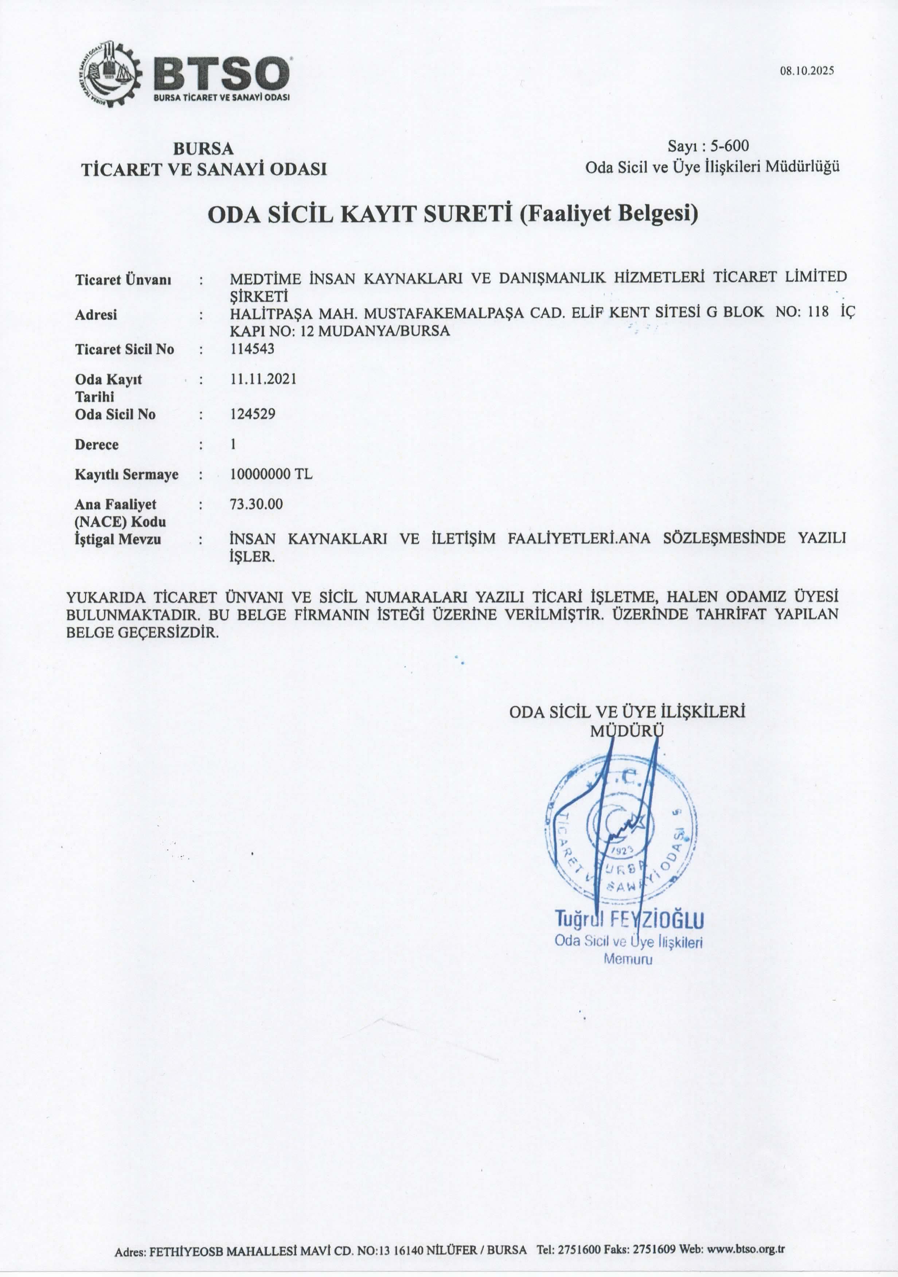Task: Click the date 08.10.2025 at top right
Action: pyautogui.click(x=807, y=71)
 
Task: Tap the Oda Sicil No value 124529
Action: pyautogui.click(x=253, y=414)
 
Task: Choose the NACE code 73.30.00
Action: pyautogui.click(x=256, y=504)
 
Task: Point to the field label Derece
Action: pyautogui.click(x=97, y=444)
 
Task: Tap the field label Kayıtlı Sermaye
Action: pyautogui.click(x=127, y=475)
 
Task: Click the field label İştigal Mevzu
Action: pyautogui.click(x=118, y=539)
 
